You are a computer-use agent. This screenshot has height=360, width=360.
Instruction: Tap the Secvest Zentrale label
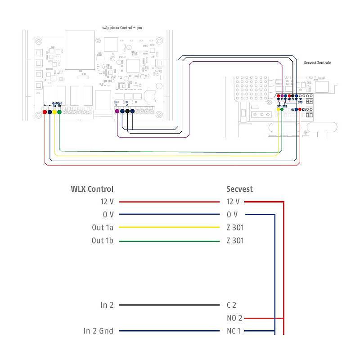tap(317, 63)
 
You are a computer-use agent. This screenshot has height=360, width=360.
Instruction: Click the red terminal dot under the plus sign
tap(45, 111)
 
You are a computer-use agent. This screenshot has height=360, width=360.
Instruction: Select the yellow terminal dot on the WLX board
tap(54, 111)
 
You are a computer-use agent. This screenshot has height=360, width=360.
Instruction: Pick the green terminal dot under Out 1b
tap(59, 111)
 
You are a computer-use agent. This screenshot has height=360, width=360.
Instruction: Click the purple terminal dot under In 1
tap(117, 111)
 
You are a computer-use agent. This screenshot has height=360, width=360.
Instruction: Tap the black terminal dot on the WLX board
tap(128, 111)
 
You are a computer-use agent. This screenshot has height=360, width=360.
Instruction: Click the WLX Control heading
tap(92, 189)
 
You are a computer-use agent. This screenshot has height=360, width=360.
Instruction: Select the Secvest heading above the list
tap(240, 189)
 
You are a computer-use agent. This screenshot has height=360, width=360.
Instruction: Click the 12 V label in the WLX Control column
tap(107, 202)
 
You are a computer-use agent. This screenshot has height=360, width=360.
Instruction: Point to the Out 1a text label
tap(103, 228)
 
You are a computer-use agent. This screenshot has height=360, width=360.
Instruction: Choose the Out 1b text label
tap(103, 241)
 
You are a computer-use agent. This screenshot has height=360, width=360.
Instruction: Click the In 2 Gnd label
tap(99, 331)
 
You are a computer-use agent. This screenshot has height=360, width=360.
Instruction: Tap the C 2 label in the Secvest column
tap(232, 305)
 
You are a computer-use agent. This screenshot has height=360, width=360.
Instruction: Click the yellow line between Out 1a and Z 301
tap(171, 228)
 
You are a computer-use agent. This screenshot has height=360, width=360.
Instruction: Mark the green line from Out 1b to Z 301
tap(171, 241)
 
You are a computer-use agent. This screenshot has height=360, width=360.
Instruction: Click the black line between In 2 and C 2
tap(171, 305)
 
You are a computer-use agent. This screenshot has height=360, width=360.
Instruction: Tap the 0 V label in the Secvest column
tap(232, 215)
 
